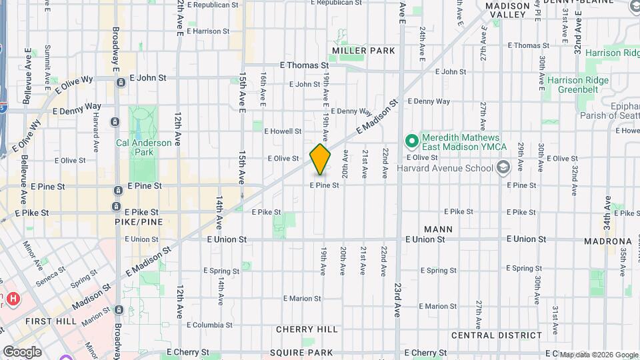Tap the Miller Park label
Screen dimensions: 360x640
(x=364, y=51)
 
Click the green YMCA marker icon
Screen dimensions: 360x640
(x=411, y=141)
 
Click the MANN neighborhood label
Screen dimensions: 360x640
(x=438, y=229)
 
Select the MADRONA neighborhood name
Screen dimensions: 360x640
(x=607, y=241)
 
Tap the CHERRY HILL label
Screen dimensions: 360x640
(x=307, y=329)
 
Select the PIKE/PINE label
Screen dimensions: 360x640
(x=135, y=222)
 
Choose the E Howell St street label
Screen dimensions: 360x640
(x=283, y=131)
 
